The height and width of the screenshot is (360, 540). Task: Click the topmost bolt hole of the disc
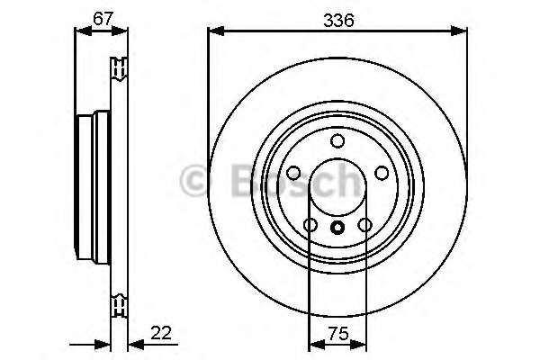[x=337, y=140]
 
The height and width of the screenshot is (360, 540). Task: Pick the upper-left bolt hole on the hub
[x=293, y=173]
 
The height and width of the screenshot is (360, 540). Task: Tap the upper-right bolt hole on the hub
[x=382, y=173]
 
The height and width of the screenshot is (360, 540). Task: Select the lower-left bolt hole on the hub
[x=310, y=225]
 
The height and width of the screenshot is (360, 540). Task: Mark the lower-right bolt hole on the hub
[x=364, y=225]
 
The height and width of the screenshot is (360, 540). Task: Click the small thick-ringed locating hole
[x=337, y=228]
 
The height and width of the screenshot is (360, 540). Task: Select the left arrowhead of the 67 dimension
[x=79, y=31]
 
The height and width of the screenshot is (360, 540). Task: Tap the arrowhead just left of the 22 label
[x=133, y=343]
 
